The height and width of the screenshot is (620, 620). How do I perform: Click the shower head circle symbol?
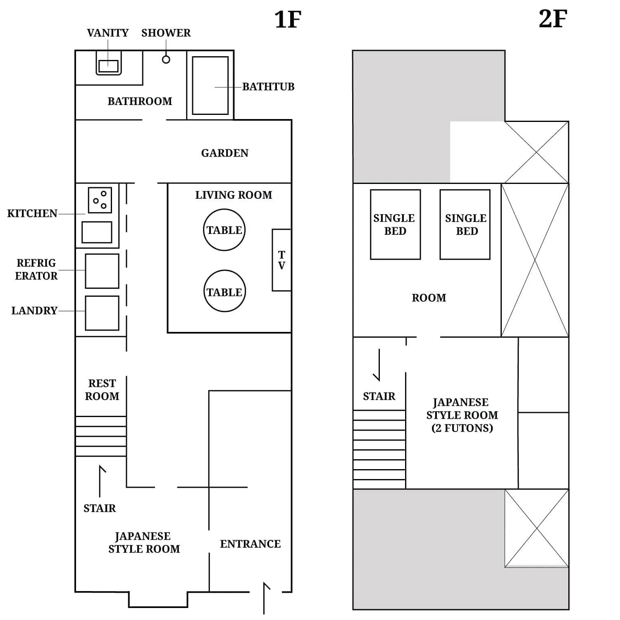[166, 60]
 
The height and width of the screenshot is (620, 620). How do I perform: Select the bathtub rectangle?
[210, 86]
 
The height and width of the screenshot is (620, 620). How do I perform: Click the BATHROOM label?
[140, 101]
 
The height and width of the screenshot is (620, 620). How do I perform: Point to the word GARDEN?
[224, 153]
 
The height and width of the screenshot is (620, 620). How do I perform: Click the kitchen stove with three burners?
[100, 200]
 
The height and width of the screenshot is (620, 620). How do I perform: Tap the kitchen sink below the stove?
[97, 232]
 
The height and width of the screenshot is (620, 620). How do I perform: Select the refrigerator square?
[102, 271]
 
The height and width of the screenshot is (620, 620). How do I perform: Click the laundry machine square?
[102, 313]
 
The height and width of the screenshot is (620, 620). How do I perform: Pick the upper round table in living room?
[224, 230]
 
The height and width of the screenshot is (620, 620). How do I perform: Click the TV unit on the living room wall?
[281, 260]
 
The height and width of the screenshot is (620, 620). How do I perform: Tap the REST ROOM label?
[102, 390]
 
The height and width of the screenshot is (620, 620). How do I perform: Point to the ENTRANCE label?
[250, 544]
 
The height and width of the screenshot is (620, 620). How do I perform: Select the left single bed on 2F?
[395, 224]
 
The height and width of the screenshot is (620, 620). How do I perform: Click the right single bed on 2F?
[465, 224]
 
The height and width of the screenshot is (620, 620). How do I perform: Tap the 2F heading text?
[553, 19]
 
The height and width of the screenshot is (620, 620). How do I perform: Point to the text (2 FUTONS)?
[462, 428]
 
